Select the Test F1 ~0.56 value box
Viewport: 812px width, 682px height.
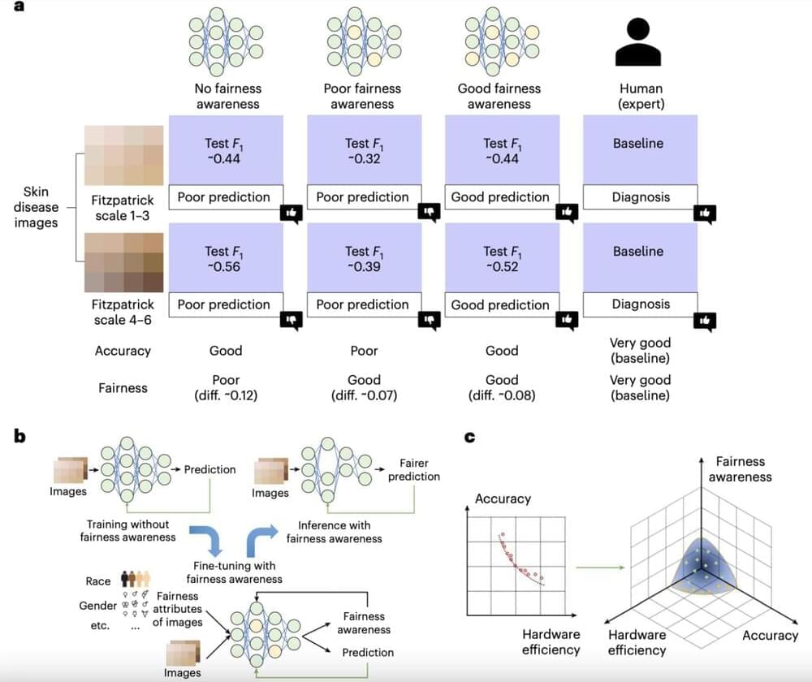click(225, 258)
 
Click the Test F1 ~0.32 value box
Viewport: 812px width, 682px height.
click(364, 150)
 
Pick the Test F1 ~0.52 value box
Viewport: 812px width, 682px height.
click(502, 258)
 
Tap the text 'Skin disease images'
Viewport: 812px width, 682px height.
click(36, 206)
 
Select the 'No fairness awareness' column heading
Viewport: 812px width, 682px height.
click(227, 96)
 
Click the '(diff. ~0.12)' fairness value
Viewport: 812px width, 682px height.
click(226, 396)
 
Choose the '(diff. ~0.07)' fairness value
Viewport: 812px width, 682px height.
click(364, 396)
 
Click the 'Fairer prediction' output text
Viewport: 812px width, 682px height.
click(413, 469)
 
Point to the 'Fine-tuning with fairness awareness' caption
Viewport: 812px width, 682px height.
click(235, 572)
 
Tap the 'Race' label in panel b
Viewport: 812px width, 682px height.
click(97, 581)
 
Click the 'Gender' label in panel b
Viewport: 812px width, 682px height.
click(97, 606)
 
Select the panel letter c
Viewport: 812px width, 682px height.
click(470, 437)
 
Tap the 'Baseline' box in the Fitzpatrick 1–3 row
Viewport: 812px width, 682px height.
click(639, 150)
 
